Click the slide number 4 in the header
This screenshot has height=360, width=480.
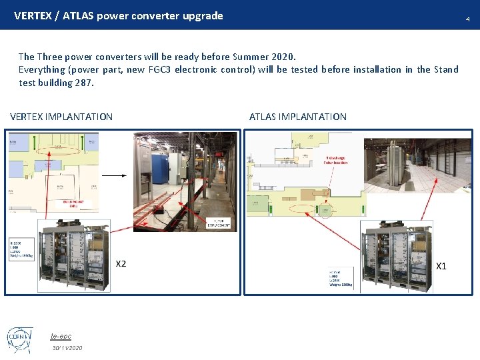tap(467, 19)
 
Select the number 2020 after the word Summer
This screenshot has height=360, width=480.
tap(281, 57)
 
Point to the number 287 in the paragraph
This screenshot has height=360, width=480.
tap(85, 83)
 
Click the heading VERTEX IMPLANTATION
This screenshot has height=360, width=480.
tap(61, 117)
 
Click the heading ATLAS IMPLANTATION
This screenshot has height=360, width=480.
tap(298, 117)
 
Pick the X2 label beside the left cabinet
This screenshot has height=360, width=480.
tap(121, 264)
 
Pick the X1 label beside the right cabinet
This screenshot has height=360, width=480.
tap(441, 266)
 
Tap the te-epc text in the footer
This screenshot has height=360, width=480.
tap(61, 336)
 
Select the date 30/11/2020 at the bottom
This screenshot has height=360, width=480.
tap(68, 348)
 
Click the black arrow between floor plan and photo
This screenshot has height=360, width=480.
tap(114, 175)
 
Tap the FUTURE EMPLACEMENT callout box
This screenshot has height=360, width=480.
tap(219, 224)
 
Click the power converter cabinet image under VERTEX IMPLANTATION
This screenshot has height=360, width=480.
tap(74, 257)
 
